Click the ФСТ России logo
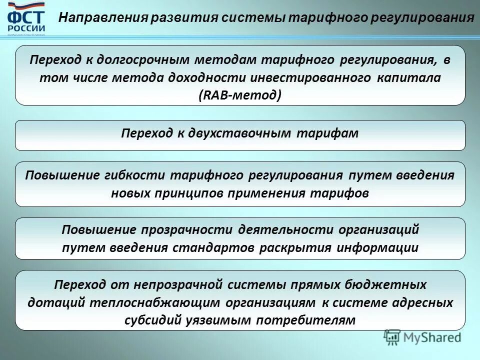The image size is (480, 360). (26, 19)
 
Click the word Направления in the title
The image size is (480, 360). (103, 18)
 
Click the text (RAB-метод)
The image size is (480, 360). (240, 94)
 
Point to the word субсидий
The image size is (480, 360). (149, 320)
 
